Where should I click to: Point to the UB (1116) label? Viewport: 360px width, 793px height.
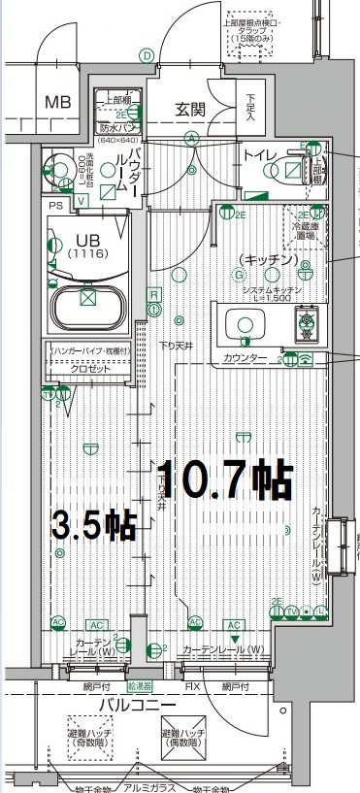point(86,246)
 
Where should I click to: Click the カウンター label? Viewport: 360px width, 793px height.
point(245,359)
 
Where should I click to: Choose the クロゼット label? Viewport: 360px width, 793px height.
point(89,369)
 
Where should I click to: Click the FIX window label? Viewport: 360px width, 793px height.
point(192,687)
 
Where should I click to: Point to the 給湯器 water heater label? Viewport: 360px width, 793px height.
point(139,686)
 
